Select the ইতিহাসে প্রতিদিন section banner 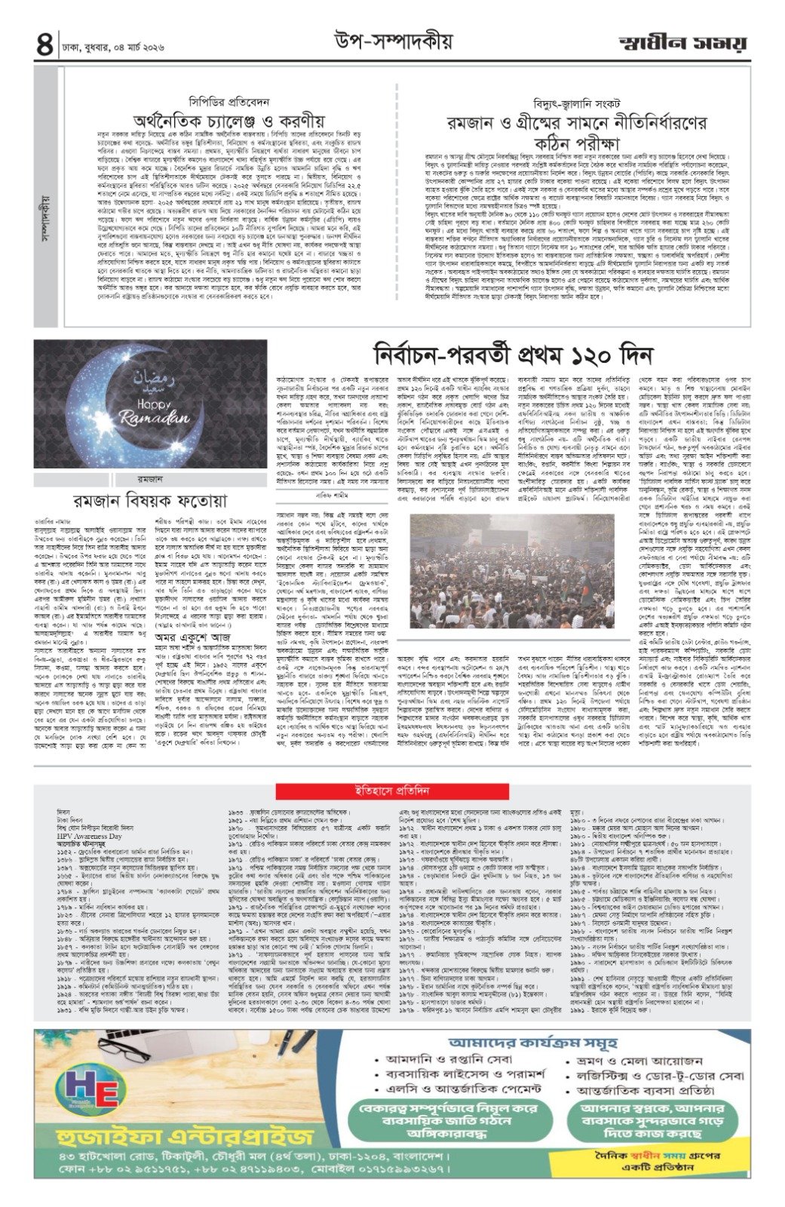click(x=392, y=791)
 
